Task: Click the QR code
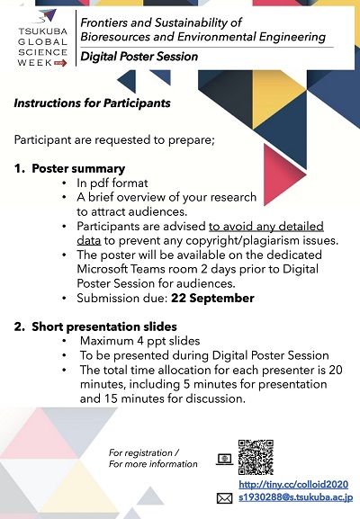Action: pyautogui.click(x=256, y=457)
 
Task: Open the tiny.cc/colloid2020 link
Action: pyautogui.click(x=293, y=485)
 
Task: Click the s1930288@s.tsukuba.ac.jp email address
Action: pyautogui.click(x=296, y=497)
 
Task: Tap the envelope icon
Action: pyautogui.click(x=224, y=498)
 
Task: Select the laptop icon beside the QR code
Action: pyautogui.click(x=224, y=459)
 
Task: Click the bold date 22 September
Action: pyautogui.click(x=212, y=299)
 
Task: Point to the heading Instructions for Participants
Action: pyautogui.click(x=92, y=103)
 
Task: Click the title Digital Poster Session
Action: pyautogui.click(x=139, y=57)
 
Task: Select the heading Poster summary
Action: pyautogui.click(x=78, y=169)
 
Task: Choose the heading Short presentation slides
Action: pyautogui.click(x=104, y=327)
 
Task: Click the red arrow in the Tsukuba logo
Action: pyautogui.click(x=60, y=63)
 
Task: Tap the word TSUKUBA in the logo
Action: pyautogui.click(x=42, y=31)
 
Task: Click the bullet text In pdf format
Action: pyautogui.click(x=112, y=183)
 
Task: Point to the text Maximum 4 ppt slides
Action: pyautogui.click(x=139, y=341)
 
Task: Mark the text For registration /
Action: pyautogui.click(x=144, y=452)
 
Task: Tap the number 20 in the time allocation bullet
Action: pyautogui.click(x=336, y=370)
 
